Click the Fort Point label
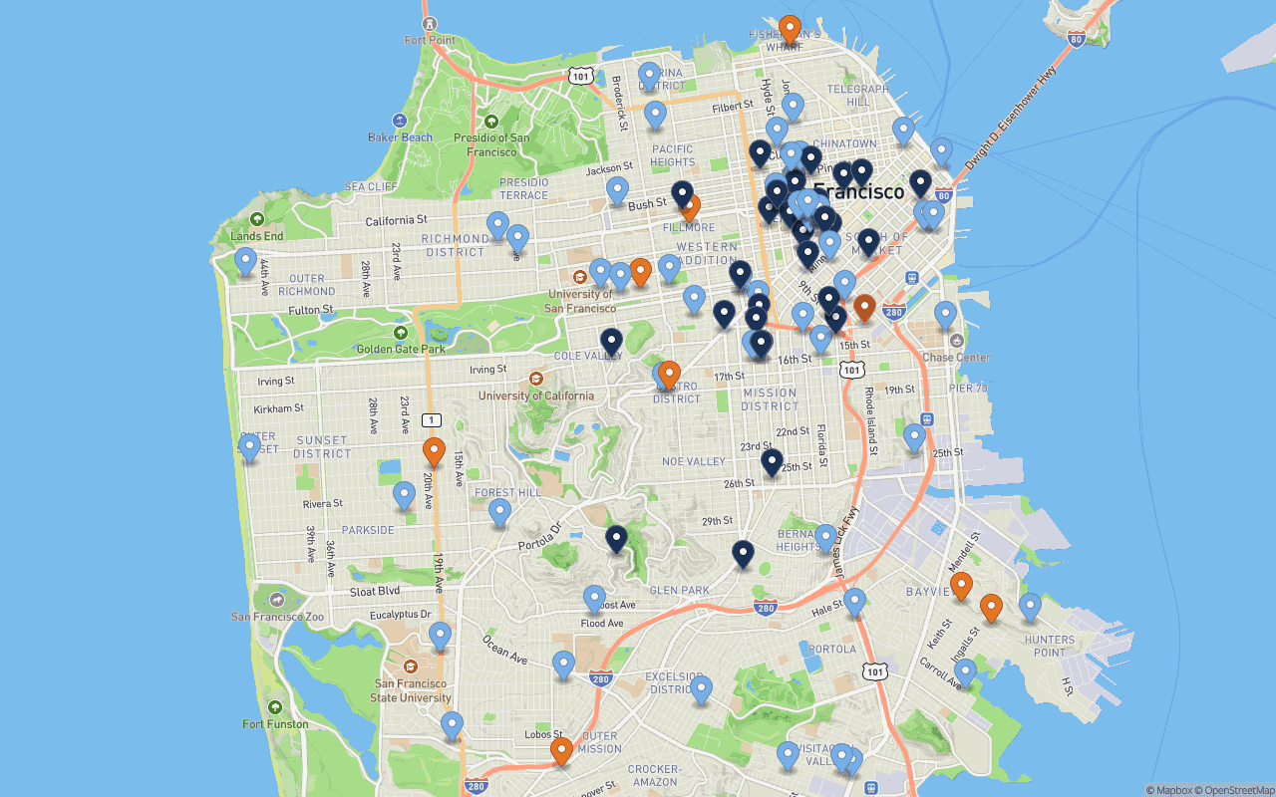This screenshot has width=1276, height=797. (430, 40)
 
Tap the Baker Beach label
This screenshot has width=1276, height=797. (400, 136)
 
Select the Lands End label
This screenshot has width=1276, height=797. (257, 236)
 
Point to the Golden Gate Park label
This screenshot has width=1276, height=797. (401, 349)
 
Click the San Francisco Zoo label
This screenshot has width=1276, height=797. (278, 616)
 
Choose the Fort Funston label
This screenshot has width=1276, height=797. (275, 723)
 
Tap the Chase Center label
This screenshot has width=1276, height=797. (956, 357)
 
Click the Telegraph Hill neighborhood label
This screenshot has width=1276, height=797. (857, 96)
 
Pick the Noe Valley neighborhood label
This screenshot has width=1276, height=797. (694, 461)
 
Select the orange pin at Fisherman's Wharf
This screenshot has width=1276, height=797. (790, 30)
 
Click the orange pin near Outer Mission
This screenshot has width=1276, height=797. (561, 751)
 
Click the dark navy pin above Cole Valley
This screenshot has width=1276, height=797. (611, 343)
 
